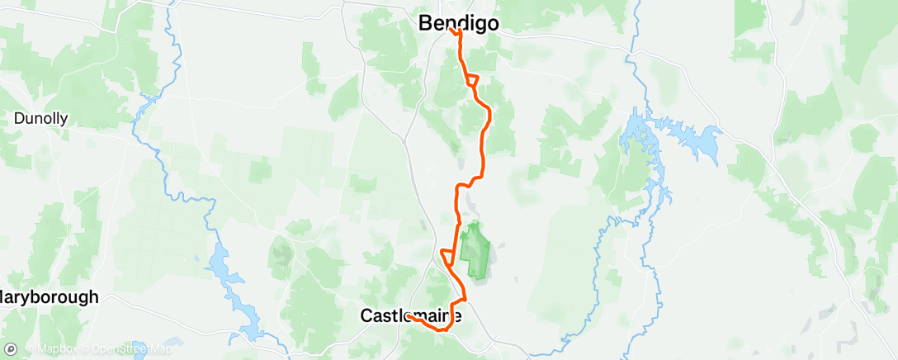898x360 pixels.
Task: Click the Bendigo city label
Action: tap(458, 23)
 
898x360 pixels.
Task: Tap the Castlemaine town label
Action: tap(410, 315)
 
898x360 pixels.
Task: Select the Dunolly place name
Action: tap(40, 118)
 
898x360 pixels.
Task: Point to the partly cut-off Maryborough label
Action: tap(49, 296)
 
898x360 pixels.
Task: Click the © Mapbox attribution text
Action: tap(54, 348)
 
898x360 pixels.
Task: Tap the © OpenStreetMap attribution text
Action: tap(117, 348)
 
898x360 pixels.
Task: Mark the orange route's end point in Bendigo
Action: tap(451, 31)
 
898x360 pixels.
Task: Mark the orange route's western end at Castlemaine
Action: tap(408, 315)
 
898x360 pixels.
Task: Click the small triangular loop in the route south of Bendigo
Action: tap(471, 80)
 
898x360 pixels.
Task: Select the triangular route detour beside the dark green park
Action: tap(447, 255)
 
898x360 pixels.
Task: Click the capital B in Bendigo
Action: tap(425, 23)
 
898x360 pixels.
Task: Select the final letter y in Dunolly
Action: tap(64, 121)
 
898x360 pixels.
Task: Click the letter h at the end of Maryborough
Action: tap(93, 296)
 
